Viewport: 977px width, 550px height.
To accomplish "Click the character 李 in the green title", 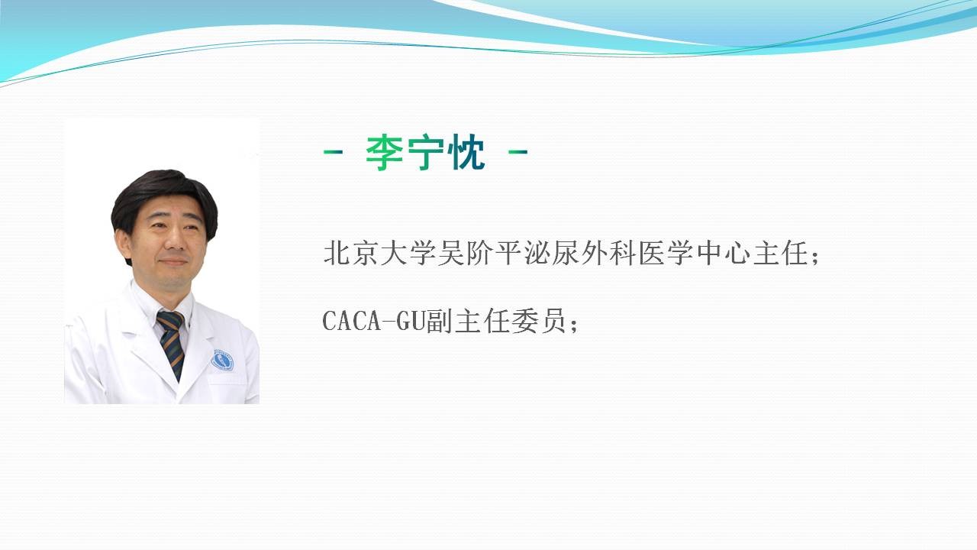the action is (384, 154).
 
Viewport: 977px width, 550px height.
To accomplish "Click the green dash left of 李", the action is (334, 152).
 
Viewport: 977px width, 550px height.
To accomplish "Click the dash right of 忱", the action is (518, 152).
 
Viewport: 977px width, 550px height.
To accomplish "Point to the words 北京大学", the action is (380, 253).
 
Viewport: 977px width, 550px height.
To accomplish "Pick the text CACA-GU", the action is (374, 321).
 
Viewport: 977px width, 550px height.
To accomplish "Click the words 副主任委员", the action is (497, 321).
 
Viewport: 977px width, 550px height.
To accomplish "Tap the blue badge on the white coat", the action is (222, 361).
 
